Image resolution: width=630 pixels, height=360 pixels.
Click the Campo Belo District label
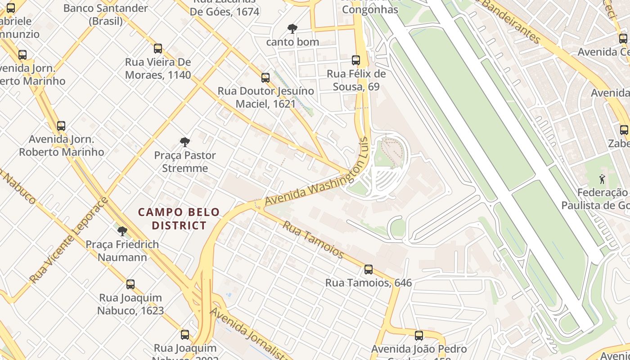(x=179, y=219)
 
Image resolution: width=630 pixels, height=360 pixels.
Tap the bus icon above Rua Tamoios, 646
(x=369, y=270)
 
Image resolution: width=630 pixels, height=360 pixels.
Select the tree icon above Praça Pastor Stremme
(x=184, y=142)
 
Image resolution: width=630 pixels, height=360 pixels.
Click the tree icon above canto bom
(x=292, y=29)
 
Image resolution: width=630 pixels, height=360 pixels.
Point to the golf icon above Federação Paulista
(x=602, y=179)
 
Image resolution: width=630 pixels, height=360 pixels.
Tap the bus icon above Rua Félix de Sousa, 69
(x=356, y=60)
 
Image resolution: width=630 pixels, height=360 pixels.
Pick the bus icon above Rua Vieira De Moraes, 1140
(x=158, y=49)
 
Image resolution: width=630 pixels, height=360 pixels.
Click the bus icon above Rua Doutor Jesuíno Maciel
(x=265, y=78)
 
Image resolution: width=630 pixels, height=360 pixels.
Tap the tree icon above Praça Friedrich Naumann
(x=122, y=231)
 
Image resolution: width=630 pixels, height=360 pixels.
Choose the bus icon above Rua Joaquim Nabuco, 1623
(x=130, y=284)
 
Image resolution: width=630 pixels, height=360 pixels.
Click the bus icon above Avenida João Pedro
(x=419, y=335)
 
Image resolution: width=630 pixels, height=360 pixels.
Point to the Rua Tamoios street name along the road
(x=313, y=239)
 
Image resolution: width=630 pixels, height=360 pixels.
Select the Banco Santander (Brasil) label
(x=106, y=14)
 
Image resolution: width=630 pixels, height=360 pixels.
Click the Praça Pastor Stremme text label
(x=185, y=162)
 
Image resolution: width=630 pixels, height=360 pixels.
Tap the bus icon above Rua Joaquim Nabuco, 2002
(x=185, y=335)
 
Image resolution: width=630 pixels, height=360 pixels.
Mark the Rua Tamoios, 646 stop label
(x=369, y=283)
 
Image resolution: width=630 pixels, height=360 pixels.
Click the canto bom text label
(x=292, y=42)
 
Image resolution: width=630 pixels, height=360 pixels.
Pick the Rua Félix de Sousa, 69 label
(x=356, y=80)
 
